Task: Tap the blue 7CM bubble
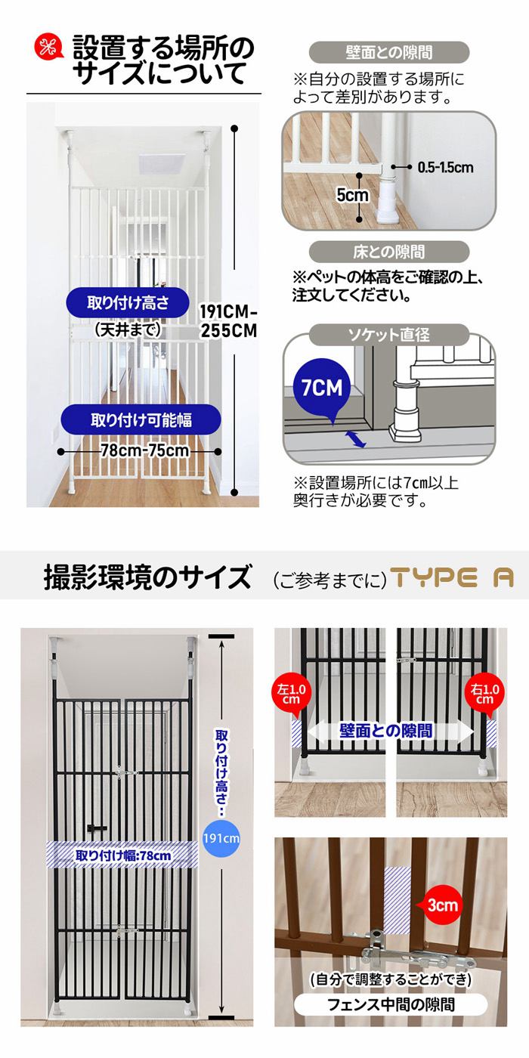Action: coord(322,388)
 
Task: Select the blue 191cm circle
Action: coord(221,838)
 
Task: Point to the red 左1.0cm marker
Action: coord(292,695)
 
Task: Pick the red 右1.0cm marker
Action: coord(484,695)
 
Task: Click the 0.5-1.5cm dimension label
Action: coord(445,167)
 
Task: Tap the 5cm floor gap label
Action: coord(352,195)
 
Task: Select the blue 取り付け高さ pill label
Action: coord(128,303)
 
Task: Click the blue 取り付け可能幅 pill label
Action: coord(141,420)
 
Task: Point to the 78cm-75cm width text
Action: coord(144,450)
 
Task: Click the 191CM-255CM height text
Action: coord(228,321)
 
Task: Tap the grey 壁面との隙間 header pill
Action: coord(388,52)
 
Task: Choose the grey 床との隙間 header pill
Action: coord(388,252)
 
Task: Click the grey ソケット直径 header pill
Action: coord(388,335)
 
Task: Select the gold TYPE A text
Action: coord(452,577)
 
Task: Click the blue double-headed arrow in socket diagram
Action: coord(357,439)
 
